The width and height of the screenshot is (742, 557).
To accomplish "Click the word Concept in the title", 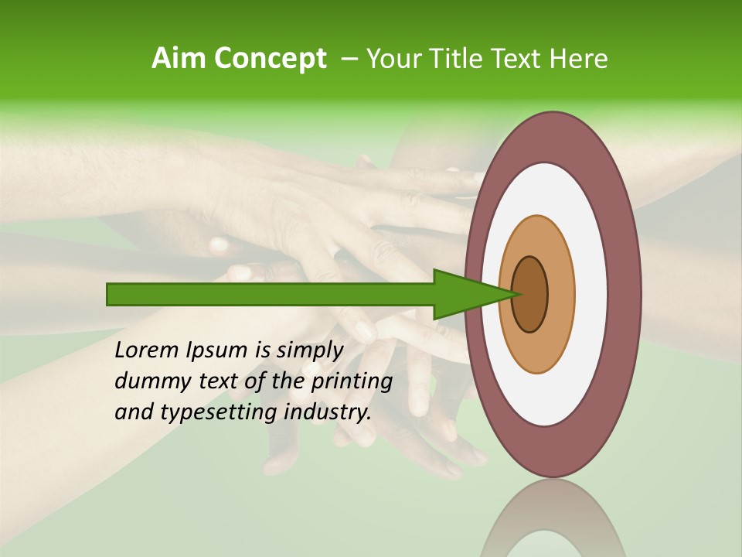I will [x=270, y=59].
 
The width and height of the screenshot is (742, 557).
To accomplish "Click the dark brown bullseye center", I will [x=530, y=295].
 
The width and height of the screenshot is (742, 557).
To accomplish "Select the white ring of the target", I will [x=591, y=295].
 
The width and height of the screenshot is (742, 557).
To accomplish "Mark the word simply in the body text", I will [x=308, y=350].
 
